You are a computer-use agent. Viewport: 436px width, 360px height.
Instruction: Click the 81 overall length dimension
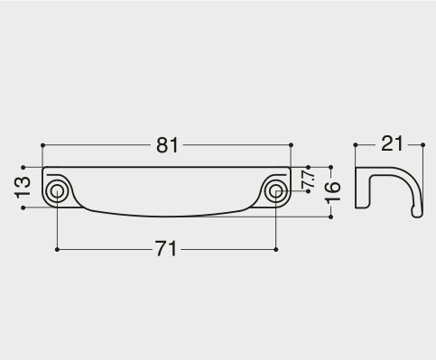tap(167, 145)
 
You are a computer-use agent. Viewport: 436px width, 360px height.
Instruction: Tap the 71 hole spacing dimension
tap(166, 249)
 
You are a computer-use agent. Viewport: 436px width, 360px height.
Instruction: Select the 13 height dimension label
tap(23, 188)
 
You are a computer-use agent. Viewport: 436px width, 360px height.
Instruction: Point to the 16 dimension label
tap(333, 191)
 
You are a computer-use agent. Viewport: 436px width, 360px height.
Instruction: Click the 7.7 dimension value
tap(309, 179)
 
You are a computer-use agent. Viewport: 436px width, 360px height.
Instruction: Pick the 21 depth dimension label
tap(392, 143)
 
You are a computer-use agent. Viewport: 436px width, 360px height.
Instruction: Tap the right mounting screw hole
tap(275, 191)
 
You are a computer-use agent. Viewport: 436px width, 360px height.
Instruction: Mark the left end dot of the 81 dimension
tap(42, 145)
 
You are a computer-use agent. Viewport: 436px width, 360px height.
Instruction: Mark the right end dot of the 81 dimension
tap(291, 145)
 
